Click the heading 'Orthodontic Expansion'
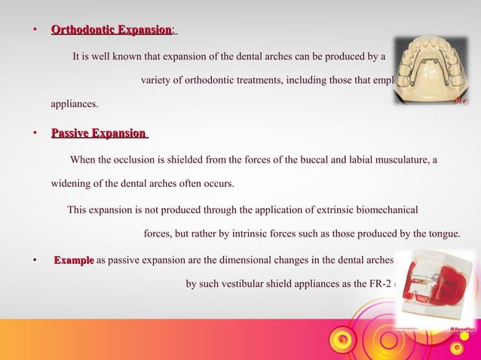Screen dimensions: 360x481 (111, 29)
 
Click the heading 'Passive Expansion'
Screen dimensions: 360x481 (98, 133)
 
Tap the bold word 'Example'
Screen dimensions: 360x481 (73, 261)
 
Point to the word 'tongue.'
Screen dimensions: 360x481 (444, 233)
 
